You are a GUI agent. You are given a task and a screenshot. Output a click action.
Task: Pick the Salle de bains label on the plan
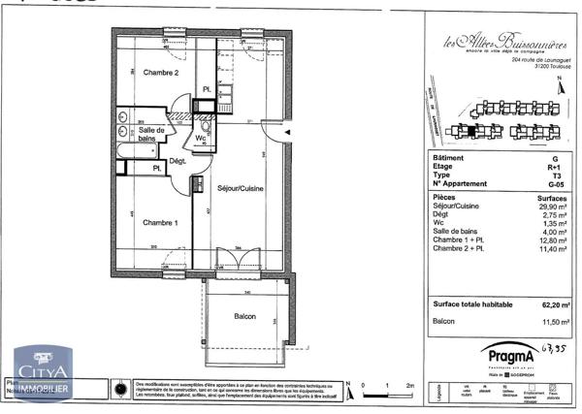[150, 135]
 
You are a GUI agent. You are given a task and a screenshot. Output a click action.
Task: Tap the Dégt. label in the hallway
[178, 161]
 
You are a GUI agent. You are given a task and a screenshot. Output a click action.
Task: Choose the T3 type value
[554, 175]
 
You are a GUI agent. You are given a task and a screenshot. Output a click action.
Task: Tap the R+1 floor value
[554, 166]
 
